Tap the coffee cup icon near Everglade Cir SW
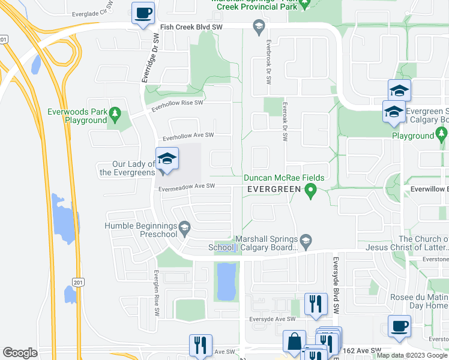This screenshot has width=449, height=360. (143, 13)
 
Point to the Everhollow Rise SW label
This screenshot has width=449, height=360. (178, 104)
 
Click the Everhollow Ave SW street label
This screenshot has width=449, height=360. (185, 136)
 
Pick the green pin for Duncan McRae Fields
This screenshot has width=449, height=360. (310, 192)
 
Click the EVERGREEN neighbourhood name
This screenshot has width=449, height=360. (274, 190)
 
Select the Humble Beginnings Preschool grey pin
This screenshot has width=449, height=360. (185, 227)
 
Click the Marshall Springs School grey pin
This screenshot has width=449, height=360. (306, 241)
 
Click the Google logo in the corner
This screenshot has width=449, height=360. (20, 352)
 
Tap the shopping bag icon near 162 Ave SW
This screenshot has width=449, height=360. (295, 341)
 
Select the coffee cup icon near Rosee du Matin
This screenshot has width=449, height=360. (399, 326)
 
